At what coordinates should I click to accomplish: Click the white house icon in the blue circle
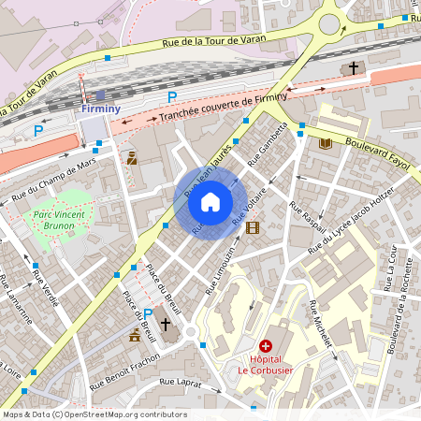tap(210, 202)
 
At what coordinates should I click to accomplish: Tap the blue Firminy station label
tap(100, 109)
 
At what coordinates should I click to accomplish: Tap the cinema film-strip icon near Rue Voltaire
tap(251, 226)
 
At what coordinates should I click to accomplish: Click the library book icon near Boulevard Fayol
tap(326, 143)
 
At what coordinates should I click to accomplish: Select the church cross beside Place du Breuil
tap(166, 324)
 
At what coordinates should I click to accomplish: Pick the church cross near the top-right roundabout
tap(354, 68)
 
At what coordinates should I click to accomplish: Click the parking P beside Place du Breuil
tap(147, 313)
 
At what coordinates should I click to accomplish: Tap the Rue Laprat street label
tap(181, 383)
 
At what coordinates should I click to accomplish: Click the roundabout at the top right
tap(330, 23)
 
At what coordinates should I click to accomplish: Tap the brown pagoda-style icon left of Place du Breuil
tap(136, 334)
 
